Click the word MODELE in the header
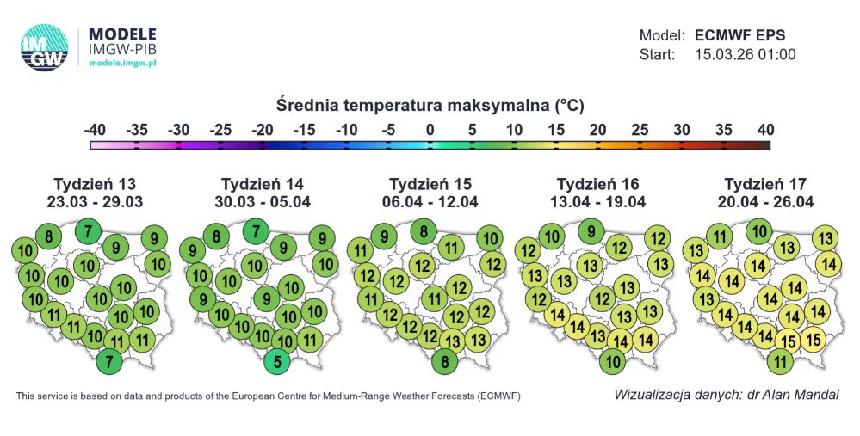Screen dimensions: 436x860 click(x=123, y=34)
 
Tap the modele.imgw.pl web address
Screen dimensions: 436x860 click(x=123, y=64)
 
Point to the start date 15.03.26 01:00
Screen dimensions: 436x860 click(x=745, y=55)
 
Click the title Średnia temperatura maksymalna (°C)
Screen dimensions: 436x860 click(x=430, y=106)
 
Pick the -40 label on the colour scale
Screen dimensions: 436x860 click(x=96, y=130)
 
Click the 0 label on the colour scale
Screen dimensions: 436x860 click(x=430, y=130)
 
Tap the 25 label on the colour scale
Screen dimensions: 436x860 click(x=640, y=130)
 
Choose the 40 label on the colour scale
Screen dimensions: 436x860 click(x=765, y=130)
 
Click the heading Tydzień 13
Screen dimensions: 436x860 click(x=95, y=184)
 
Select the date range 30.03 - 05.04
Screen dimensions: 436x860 click(x=263, y=202)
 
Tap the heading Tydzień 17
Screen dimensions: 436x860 click(x=765, y=184)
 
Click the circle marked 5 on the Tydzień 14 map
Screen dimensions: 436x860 click(x=277, y=361)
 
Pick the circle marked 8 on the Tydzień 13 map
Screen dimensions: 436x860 click(x=49, y=237)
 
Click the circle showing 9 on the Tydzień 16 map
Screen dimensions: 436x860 click(x=590, y=230)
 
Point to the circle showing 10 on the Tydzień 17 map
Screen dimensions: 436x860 click(x=758, y=230)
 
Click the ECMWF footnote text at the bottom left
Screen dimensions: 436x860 click(x=268, y=396)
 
